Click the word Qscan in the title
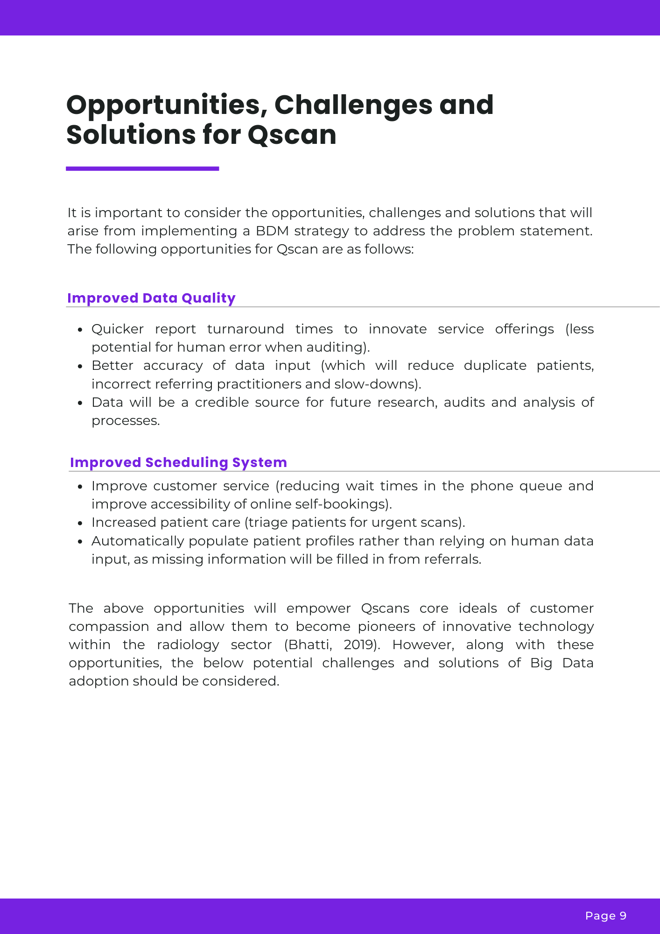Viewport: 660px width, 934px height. [x=292, y=135]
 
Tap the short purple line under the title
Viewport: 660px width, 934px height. [x=142, y=169]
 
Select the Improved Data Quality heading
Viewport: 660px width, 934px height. [x=151, y=298]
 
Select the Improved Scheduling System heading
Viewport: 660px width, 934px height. [x=178, y=462]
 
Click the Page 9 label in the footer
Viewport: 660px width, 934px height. [x=605, y=916]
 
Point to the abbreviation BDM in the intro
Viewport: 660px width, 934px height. [x=272, y=231]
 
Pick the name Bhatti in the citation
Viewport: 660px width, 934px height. [x=309, y=645]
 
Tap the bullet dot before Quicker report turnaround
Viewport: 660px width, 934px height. [x=80, y=330]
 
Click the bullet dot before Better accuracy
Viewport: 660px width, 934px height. [x=80, y=366]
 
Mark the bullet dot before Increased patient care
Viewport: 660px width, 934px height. [x=80, y=523]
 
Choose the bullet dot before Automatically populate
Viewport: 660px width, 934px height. [x=80, y=542]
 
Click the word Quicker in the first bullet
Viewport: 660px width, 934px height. [x=118, y=329]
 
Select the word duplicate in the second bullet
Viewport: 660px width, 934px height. [x=495, y=366]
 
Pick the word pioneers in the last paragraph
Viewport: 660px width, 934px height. [x=386, y=627]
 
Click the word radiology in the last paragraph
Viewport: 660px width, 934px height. [x=188, y=645]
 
